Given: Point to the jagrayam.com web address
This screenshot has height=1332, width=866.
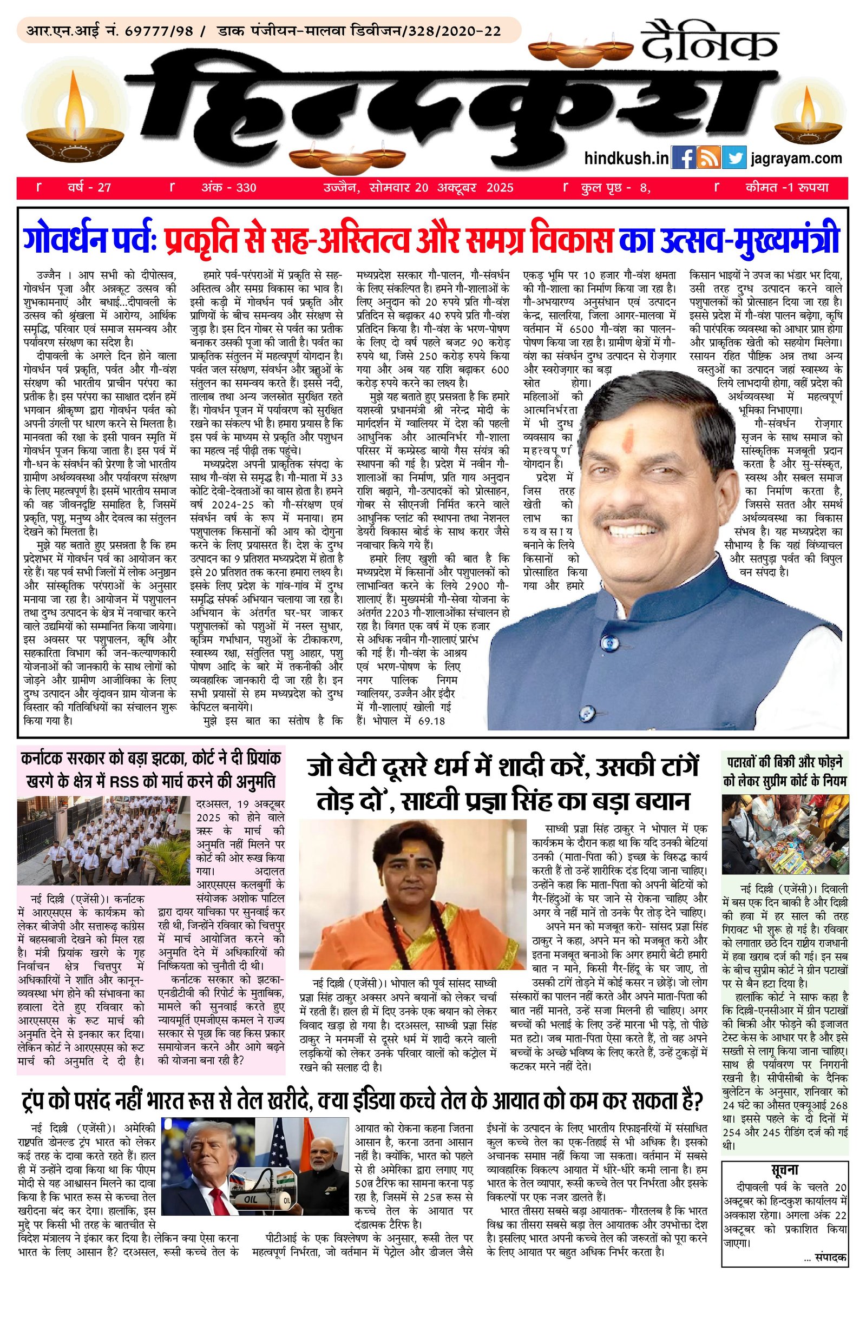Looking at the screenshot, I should [797, 159].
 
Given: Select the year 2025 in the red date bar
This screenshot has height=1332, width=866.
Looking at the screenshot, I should [500, 188].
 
